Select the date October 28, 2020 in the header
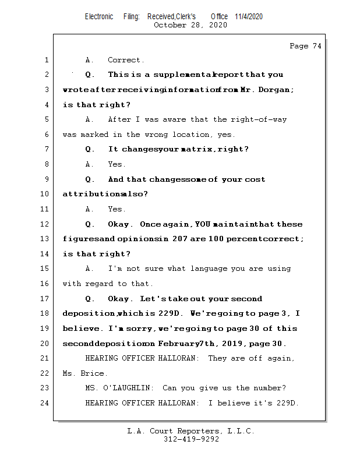coord(190,25)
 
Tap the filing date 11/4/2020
coord(249,16)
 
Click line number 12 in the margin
coord(46,224)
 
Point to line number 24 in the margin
coord(46,403)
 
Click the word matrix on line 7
coord(197,149)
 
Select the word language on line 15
coord(208,269)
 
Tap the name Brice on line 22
coord(93,373)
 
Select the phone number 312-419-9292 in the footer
coord(191,439)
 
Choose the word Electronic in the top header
coord(99,16)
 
